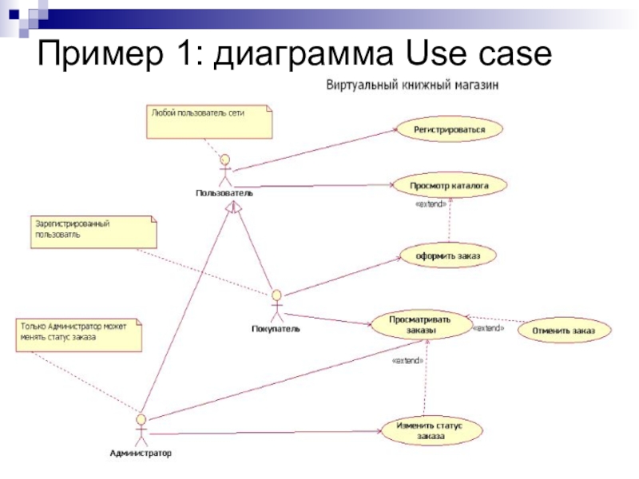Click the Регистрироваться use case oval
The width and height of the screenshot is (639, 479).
(450, 129)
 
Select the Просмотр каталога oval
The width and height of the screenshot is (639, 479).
(449, 186)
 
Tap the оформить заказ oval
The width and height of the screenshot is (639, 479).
(448, 255)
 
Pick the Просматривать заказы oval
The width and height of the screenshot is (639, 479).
(420, 325)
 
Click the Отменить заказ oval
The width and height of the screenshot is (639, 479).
(564, 331)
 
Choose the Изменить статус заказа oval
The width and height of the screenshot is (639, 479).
(431, 430)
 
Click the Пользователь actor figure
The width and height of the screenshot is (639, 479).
(225, 170)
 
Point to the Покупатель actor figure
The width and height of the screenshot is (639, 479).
(277, 306)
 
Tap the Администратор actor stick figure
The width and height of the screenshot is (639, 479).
(141, 430)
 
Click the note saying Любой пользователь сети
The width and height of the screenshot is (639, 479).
(209, 122)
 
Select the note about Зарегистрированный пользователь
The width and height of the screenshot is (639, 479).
(93, 232)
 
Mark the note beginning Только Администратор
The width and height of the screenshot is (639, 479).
(79, 335)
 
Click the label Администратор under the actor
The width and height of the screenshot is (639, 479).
(141, 453)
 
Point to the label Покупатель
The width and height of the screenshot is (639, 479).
(276, 329)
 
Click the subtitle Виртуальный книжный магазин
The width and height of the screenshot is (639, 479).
(412, 85)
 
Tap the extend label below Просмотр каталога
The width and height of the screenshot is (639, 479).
(431, 204)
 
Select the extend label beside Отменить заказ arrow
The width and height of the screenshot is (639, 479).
(488, 328)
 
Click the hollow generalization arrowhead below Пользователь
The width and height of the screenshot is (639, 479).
(235, 208)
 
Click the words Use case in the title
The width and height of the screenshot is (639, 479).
(478, 53)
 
